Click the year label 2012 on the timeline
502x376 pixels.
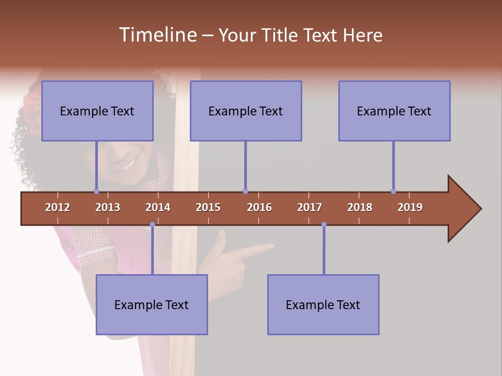point(58,207)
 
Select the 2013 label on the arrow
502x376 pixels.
point(108,207)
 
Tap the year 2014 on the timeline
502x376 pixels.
point(158,207)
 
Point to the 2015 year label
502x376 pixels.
point(208,207)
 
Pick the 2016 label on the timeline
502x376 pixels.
point(259,207)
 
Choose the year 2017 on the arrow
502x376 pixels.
point(310,207)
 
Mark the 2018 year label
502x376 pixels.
point(360,207)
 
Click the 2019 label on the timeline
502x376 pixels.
point(410,207)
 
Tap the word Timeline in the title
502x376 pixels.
point(157,35)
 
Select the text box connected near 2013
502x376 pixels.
point(97,111)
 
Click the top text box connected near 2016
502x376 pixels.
point(246,111)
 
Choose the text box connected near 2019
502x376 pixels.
point(394,111)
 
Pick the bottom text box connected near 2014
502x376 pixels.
point(152,304)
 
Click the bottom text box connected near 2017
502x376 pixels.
point(323,304)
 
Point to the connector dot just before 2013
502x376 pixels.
point(96,192)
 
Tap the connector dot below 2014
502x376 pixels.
point(152,225)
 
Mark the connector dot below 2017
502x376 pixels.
point(324,225)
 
